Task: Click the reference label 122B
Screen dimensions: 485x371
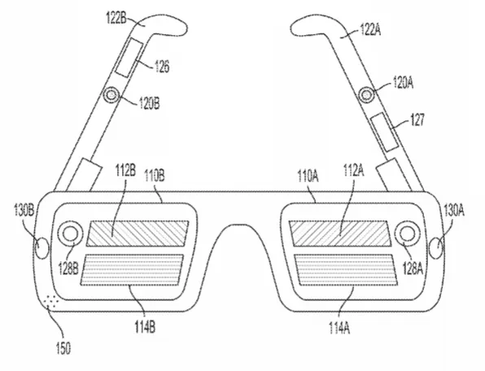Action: pos(116,19)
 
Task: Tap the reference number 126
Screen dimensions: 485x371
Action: pos(162,66)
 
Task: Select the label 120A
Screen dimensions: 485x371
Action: pos(403,83)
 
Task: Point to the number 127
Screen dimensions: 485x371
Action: pos(417,120)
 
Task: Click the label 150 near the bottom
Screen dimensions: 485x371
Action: pos(63,348)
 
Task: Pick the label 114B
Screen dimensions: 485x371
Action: pos(145,327)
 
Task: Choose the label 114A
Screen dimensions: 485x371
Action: pos(339,328)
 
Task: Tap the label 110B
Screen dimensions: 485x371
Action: pos(155,176)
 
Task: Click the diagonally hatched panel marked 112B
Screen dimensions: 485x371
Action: pos(138,234)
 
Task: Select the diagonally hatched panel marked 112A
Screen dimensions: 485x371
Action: pos(338,234)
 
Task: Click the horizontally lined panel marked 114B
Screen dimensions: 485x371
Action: pos(132,269)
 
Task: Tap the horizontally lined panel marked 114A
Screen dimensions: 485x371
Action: pos(346,269)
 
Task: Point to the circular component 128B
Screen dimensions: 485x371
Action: pos(71,234)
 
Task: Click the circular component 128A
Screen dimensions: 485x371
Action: pos(408,234)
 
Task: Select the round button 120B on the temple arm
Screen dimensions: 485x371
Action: pos(111,94)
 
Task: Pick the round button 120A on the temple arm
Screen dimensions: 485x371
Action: pos(366,94)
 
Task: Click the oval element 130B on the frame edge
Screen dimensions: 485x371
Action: pos(42,248)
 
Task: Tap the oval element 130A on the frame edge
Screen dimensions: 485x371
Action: pos(437,248)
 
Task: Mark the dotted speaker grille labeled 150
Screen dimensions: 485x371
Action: pos(50,301)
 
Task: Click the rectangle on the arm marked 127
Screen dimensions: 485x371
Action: pos(384,132)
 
